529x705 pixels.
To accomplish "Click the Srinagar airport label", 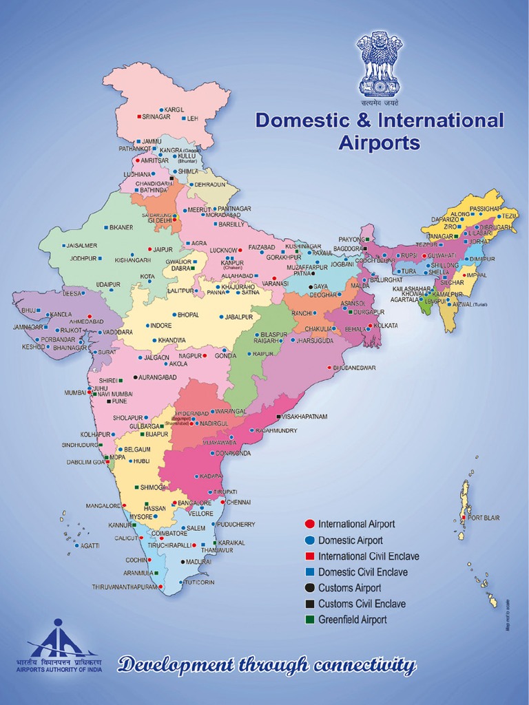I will [156, 117].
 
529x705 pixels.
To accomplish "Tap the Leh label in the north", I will [192, 118].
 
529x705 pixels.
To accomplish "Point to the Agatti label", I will [90, 546].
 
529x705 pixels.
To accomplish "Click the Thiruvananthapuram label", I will [125, 587].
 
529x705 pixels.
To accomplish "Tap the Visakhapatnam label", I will [305, 417].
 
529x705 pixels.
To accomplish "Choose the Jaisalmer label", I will [83, 245].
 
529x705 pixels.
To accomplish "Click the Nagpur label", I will [190, 356].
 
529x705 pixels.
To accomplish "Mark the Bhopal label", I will [188, 315].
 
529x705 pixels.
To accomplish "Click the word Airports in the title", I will [379, 143].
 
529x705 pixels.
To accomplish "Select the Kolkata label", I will [386, 325].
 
